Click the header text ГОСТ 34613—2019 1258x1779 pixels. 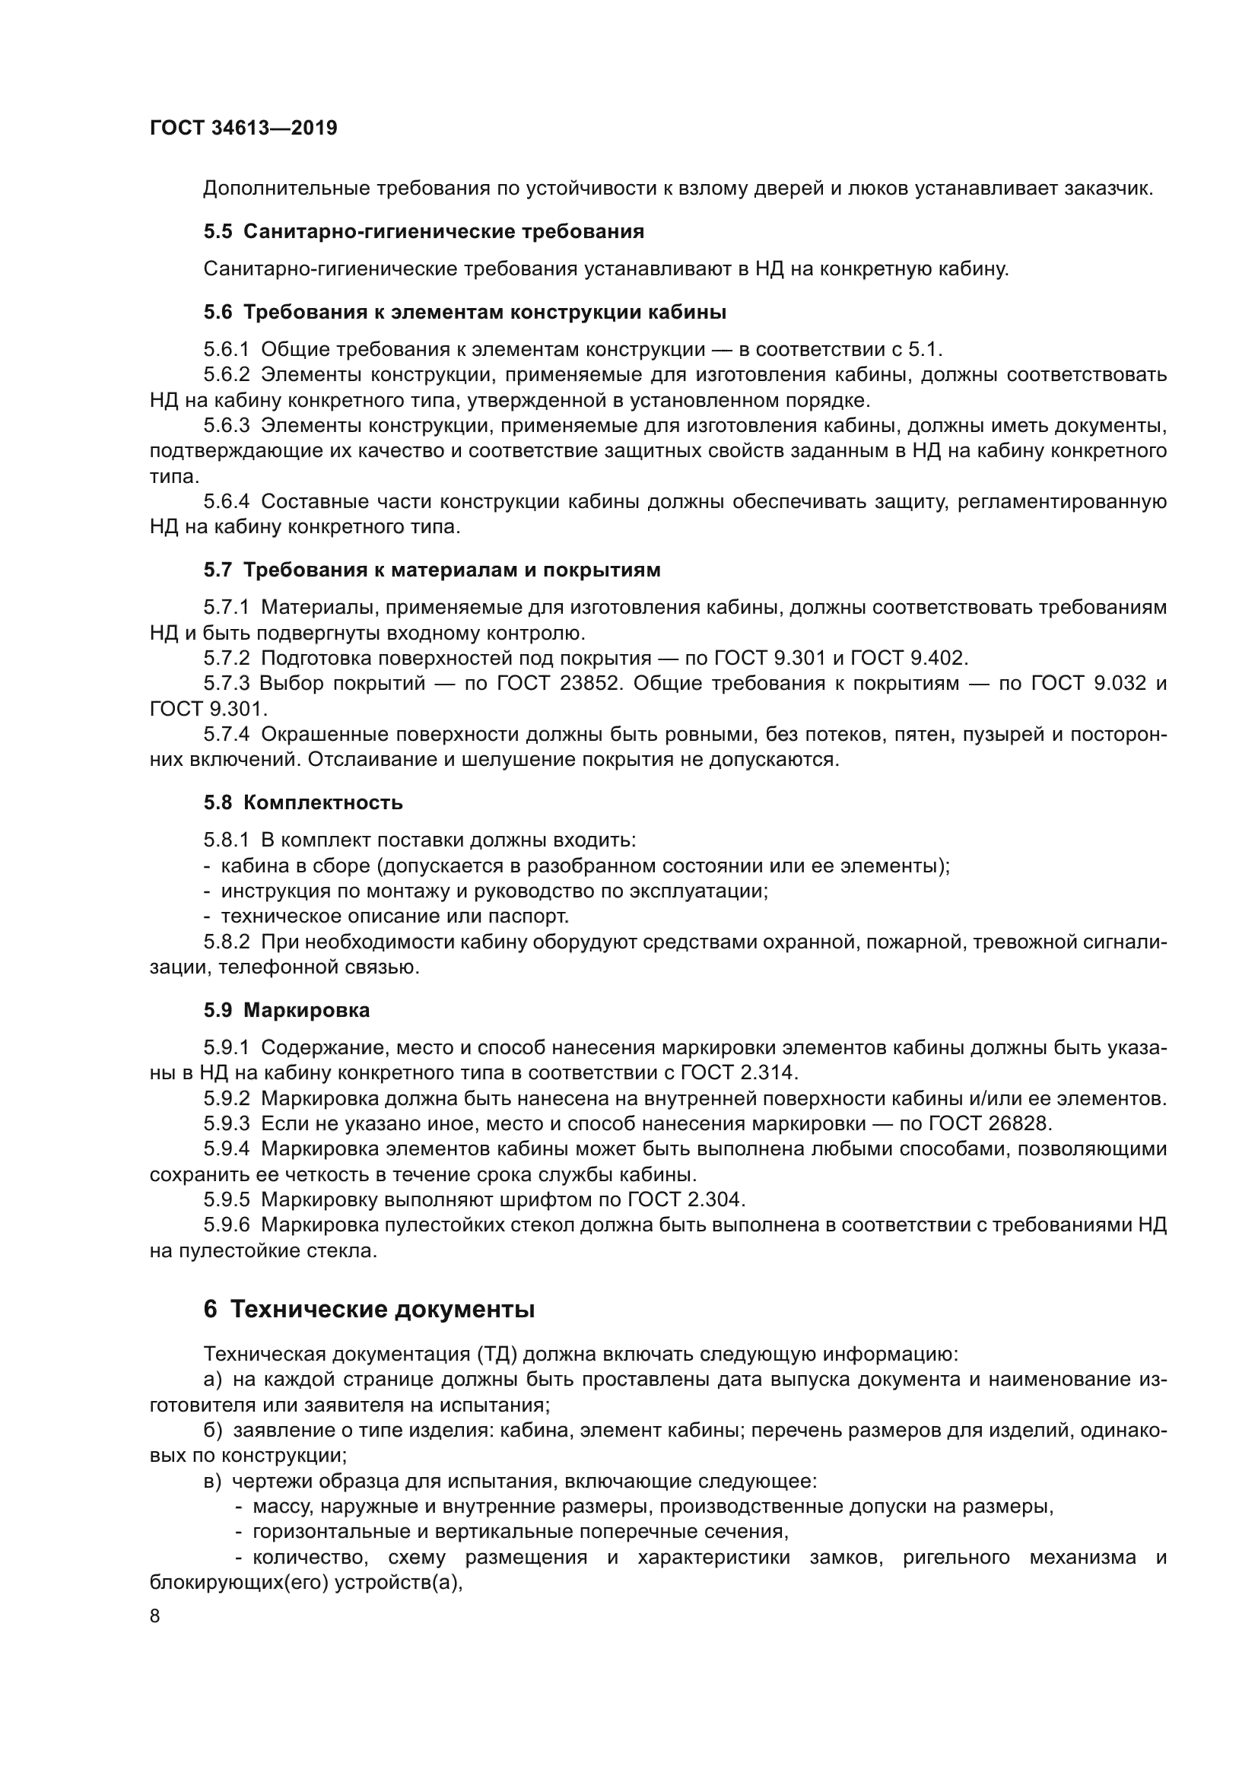click(x=243, y=128)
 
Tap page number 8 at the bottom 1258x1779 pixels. click(x=155, y=1615)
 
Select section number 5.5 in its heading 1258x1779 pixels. click(x=218, y=231)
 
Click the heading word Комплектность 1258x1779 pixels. click(x=323, y=802)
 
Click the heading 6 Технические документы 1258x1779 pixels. click(x=369, y=1310)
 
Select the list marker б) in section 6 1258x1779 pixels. click(x=213, y=1431)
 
